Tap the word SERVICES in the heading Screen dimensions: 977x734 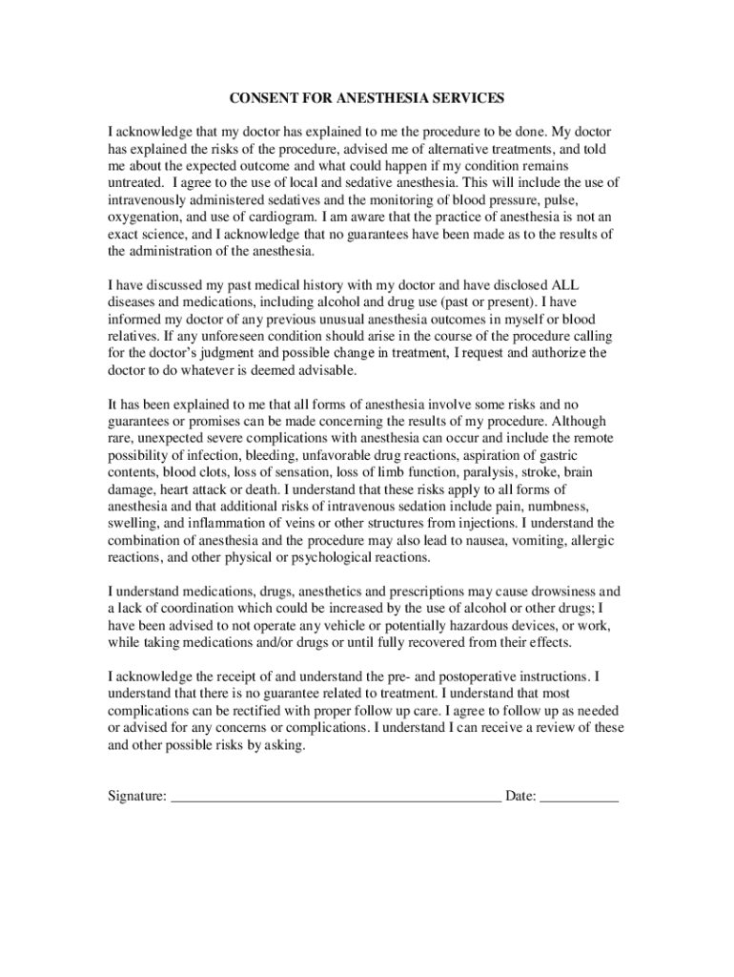[469, 97]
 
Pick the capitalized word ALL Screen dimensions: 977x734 [566, 285]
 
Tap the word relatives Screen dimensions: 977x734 [133, 337]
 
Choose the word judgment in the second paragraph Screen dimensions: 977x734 [230, 354]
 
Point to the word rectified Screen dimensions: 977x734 [249, 711]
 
